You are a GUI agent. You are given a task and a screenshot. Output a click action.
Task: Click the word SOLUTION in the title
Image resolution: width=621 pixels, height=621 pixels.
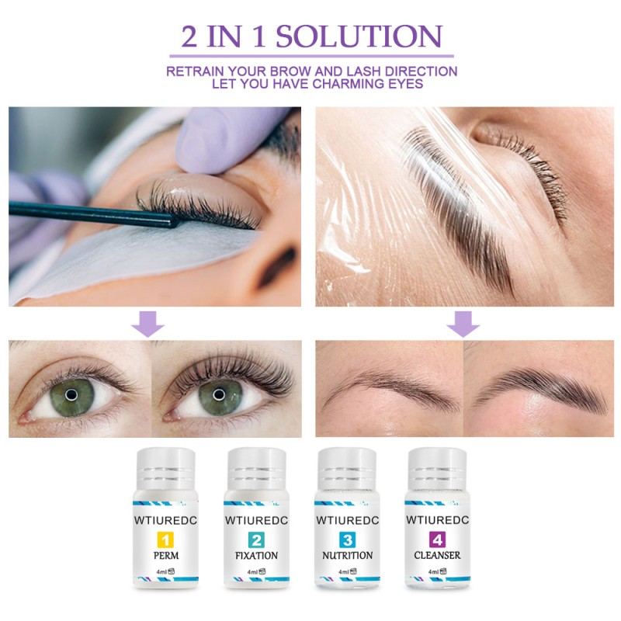click(x=359, y=36)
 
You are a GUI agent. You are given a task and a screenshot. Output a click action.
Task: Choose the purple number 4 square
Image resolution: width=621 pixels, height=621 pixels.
click(x=435, y=537)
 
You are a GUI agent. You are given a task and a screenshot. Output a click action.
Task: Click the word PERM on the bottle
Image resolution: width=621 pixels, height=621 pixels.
click(x=166, y=556)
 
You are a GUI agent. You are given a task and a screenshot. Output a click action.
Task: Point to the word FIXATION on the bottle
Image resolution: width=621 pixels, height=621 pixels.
click(x=255, y=556)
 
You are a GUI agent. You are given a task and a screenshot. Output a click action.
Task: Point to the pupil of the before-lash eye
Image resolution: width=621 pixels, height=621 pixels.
click(x=71, y=394)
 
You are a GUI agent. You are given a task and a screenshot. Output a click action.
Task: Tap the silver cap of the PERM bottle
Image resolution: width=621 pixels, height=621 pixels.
click(x=166, y=469)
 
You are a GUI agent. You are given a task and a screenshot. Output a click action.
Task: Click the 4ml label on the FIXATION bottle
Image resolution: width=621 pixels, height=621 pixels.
click(x=251, y=573)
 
